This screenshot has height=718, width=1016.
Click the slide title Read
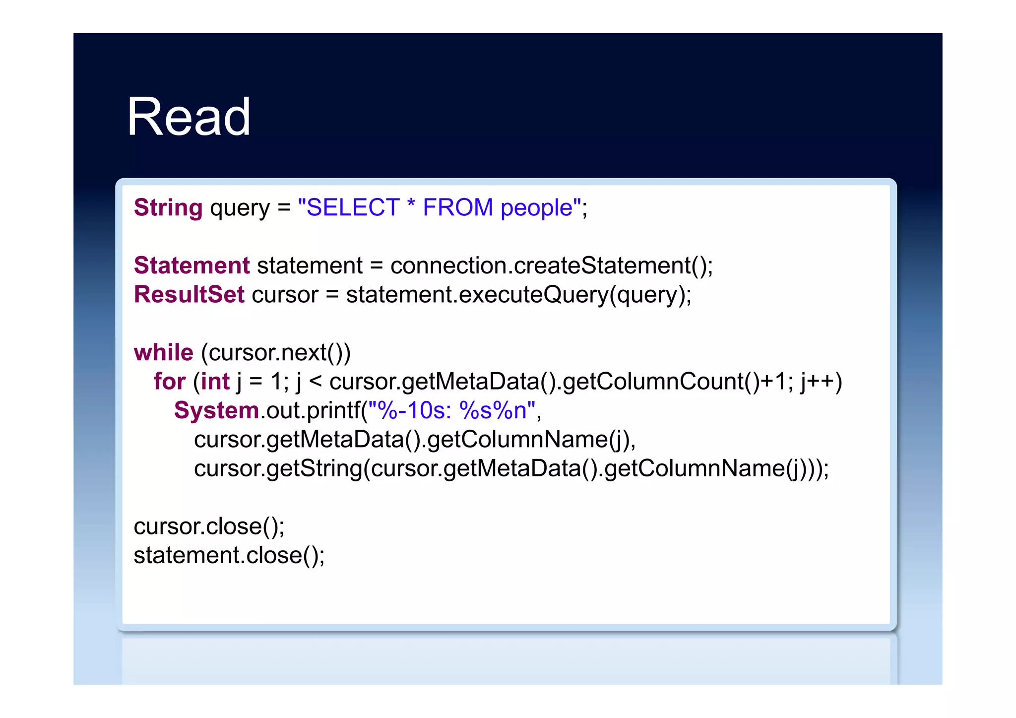click(189, 117)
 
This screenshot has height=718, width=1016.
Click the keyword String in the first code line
click(168, 207)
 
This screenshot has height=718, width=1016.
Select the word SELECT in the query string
click(353, 207)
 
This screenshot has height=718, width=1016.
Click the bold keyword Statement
click(192, 265)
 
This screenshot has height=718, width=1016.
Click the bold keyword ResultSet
click(189, 295)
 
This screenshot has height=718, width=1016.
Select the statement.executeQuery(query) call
click(518, 295)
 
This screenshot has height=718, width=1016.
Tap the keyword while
click(163, 353)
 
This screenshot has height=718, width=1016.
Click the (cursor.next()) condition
click(276, 353)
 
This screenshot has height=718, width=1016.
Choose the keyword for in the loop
click(169, 382)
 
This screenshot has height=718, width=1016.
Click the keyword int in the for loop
click(215, 382)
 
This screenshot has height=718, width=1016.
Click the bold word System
click(216, 411)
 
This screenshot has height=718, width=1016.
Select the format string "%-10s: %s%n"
click(451, 411)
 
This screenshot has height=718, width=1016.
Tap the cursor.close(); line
click(209, 526)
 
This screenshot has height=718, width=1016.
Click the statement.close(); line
click(229, 555)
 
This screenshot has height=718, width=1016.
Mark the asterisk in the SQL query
click(411, 204)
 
